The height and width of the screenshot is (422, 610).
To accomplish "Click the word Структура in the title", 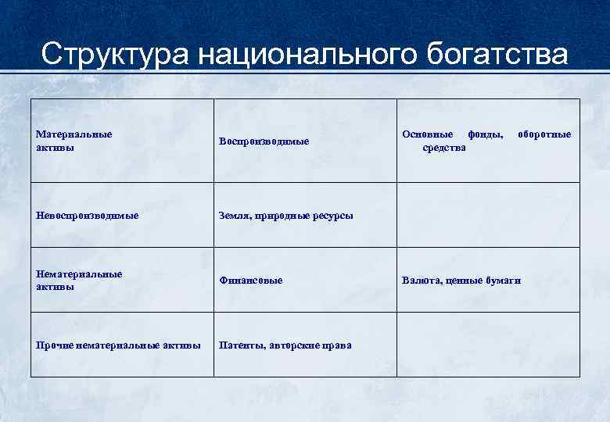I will point(114,55).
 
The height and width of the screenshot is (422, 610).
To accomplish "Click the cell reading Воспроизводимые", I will point(264,141).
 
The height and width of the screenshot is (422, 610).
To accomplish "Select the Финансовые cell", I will point(251,281).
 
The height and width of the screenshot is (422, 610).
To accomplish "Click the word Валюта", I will point(421,281).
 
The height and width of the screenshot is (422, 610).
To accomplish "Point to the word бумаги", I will point(504,281).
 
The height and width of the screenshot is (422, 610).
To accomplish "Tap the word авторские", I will point(296,345).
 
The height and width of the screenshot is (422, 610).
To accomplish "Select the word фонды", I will point(486,134).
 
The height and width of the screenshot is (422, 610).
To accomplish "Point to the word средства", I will point(444,148).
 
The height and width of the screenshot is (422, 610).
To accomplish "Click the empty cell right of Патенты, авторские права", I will point(489,345).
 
